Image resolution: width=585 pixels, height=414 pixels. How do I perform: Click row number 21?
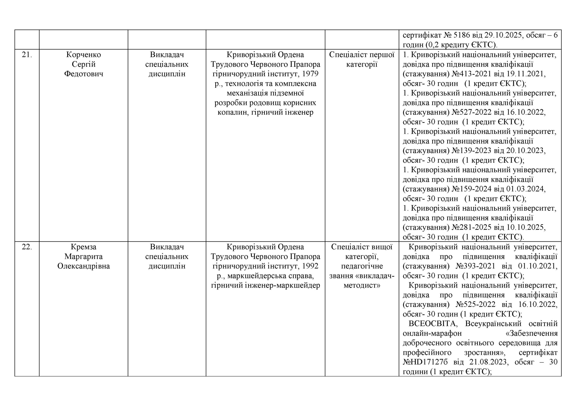pos(27,55)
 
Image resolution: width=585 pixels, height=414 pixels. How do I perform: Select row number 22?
pos(27,247)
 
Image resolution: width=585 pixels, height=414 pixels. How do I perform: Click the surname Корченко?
pos(84,55)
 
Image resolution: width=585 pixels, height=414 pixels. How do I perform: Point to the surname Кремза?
pos(84,247)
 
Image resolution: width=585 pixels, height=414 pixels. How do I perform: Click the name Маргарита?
pos(84,256)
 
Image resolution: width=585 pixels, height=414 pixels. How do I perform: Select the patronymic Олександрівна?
pos(84,266)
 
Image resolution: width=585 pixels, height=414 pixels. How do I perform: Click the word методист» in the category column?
pos(362,286)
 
